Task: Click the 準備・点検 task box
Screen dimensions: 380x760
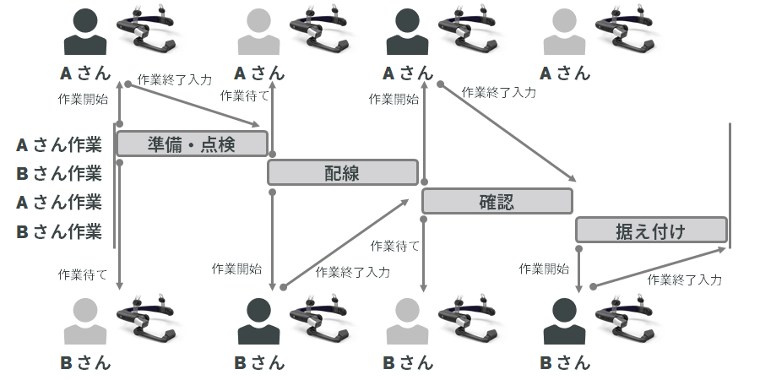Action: (x=192, y=144)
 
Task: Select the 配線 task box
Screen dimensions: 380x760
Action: (x=343, y=172)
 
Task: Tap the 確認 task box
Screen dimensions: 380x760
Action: (x=497, y=201)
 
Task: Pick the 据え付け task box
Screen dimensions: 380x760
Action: (x=651, y=230)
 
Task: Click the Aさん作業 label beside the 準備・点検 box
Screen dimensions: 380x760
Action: (x=59, y=144)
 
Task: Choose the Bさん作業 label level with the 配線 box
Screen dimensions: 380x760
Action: (x=59, y=173)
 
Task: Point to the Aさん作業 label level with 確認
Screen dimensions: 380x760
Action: (x=59, y=202)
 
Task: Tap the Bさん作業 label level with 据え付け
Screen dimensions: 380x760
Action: (x=59, y=231)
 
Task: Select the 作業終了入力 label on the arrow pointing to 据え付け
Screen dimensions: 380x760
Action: (x=498, y=92)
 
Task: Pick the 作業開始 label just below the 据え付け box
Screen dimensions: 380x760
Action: (x=544, y=269)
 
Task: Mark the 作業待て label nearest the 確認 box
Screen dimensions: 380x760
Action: (x=395, y=246)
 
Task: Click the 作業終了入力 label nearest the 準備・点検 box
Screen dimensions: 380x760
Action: (x=174, y=79)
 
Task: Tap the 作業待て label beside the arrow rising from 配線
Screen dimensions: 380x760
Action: (x=245, y=95)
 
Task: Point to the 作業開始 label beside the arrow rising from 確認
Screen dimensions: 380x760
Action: (x=394, y=99)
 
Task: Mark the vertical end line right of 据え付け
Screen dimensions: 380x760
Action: (x=730, y=186)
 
